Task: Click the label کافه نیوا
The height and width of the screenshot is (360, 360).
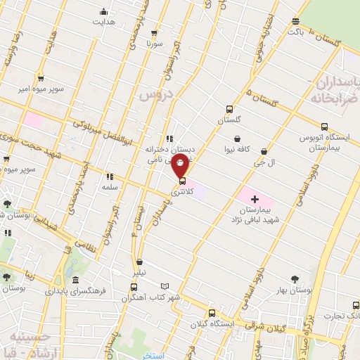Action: tap(238, 150)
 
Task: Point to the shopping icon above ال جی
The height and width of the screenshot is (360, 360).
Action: tap(264, 151)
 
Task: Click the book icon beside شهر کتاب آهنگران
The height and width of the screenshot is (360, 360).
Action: tap(165, 287)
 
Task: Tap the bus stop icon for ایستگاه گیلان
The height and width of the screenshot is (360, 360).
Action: tap(211, 314)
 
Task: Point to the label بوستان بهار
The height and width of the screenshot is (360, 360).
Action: tap(295, 290)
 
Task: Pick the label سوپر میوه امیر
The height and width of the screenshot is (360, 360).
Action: tap(41, 91)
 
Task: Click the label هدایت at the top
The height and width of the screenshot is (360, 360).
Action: tap(104, 21)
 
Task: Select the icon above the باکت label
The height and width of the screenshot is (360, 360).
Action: tap(296, 21)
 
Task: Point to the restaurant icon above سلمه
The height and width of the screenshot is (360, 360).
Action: tap(109, 176)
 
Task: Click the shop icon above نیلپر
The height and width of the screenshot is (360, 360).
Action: tap(139, 259)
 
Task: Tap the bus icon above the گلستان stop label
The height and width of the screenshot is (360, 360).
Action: tap(229, 109)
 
